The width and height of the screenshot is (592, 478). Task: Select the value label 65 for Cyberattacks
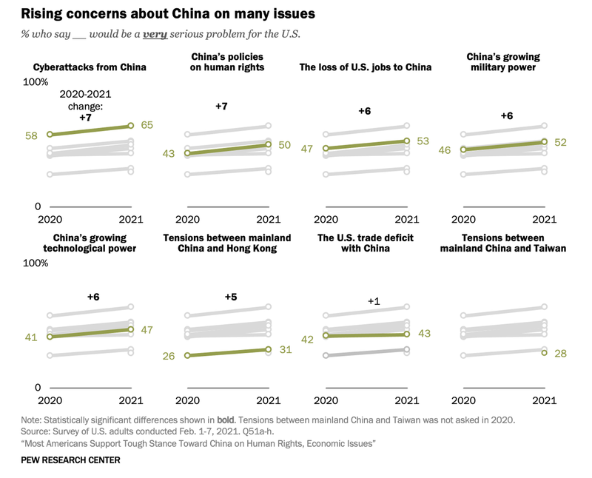click(x=147, y=126)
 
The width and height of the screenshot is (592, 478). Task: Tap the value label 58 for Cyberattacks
click(x=30, y=135)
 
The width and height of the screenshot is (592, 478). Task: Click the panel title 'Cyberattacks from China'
click(x=90, y=67)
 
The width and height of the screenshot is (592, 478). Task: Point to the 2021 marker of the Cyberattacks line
click(x=131, y=126)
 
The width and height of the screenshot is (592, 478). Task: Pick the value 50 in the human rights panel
click(x=285, y=145)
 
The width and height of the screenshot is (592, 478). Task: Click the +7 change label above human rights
click(x=221, y=107)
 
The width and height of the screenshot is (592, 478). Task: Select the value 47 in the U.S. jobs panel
click(x=307, y=149)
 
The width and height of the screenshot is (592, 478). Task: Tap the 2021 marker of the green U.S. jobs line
click(x=407, y=141)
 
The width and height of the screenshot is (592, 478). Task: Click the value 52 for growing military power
click(x=560, y=142)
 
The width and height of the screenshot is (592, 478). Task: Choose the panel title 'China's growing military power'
click(x=503, y=62)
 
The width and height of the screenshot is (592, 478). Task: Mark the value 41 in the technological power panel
click(x=30, y=337)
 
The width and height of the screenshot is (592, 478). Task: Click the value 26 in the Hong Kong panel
click(x=169, y=356)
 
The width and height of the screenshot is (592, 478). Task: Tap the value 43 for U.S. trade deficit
click(x=423, y=334)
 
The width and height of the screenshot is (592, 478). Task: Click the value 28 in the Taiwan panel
click(x=560, y=354)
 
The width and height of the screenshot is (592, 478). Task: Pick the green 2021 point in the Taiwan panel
click(x=545, y=353)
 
